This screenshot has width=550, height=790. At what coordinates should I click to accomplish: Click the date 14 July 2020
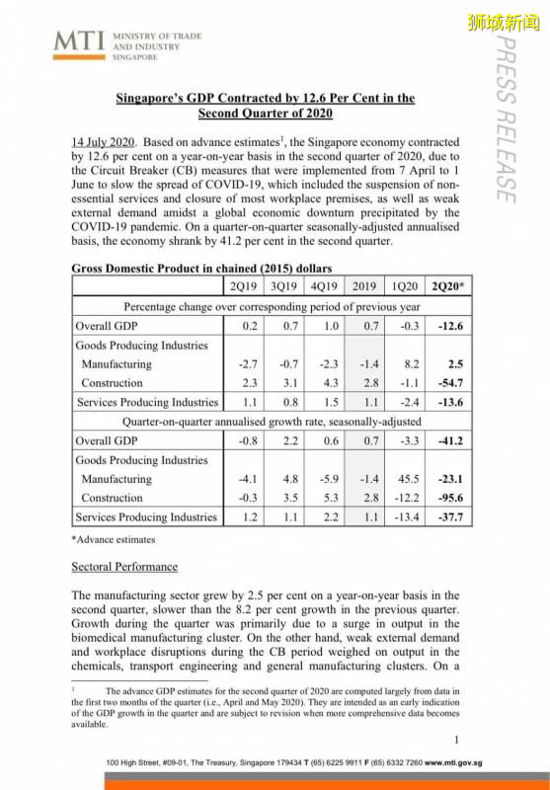click(105, 140)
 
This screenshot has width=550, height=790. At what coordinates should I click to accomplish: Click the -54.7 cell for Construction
click(455, 383)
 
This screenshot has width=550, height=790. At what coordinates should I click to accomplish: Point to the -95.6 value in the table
click(455, 498)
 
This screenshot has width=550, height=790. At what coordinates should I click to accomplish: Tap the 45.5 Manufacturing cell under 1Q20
click(405, 479)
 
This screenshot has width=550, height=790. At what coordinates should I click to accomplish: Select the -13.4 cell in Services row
click(405, 516)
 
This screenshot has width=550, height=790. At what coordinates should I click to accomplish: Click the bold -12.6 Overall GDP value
click(455, 326)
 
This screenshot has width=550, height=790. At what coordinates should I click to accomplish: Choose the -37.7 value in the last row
click(455, 516)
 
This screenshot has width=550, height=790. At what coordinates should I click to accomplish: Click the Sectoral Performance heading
click(124, 567)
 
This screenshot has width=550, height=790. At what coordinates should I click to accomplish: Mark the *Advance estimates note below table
click(114, 539)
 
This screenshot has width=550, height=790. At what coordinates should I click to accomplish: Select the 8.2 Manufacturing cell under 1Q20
click(407, 364)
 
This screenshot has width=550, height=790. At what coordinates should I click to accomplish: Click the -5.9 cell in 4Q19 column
click(327, 479)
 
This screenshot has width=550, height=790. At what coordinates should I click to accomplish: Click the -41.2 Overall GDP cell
click(455, 440)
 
